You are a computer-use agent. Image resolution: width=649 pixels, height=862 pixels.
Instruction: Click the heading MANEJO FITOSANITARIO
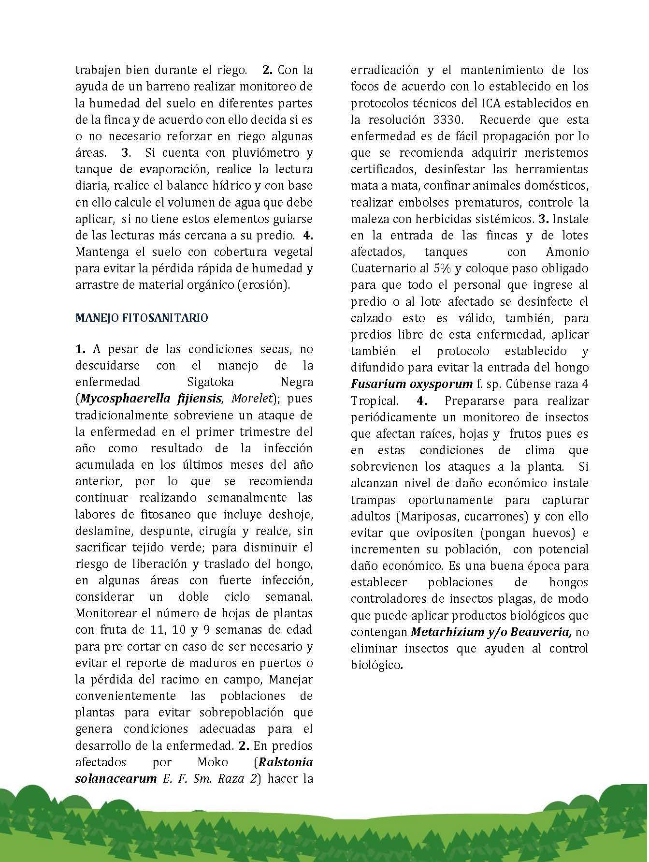click(142, 318)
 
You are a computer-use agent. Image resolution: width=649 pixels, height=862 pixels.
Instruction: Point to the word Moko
click(212, 762)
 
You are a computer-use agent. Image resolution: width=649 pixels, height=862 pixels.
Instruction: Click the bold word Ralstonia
click(286, 762)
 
